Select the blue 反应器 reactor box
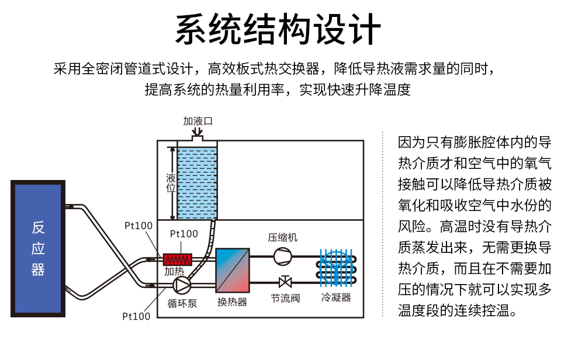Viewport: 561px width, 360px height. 38,249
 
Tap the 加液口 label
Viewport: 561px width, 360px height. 198,122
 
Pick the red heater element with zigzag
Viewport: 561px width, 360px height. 178,258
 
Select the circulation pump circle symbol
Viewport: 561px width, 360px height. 182,285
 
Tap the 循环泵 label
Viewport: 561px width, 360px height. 182,303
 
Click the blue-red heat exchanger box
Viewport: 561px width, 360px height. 233,270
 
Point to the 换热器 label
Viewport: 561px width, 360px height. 232,302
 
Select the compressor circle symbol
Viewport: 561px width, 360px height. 283,256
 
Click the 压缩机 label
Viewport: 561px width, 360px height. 283,237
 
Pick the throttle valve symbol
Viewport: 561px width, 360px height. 285,282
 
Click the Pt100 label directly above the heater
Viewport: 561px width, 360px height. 183,234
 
